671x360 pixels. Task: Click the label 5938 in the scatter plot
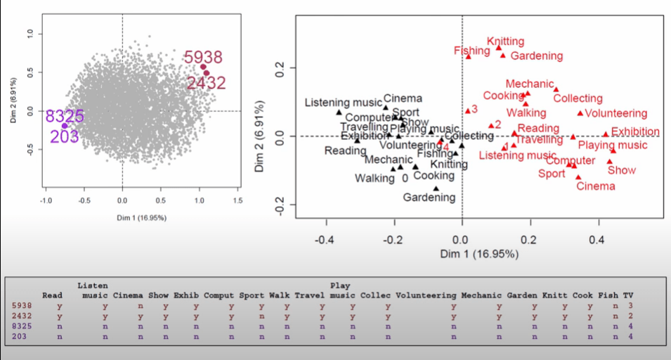tap(203, 58)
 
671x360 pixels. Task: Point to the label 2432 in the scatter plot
tap(207, 83)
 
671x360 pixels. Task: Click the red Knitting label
tap(505, 42)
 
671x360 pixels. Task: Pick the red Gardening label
tap(536, 56)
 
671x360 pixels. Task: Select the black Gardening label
tap(429, 198)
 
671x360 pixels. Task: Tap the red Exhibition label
tap(635, 132)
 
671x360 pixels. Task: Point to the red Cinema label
tap(595, 186)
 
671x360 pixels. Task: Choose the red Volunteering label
tap(615, 113)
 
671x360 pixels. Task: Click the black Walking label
tap(374, 179)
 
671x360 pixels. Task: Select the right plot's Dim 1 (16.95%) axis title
tap(474, 254)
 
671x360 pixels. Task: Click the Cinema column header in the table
tap(128, 295)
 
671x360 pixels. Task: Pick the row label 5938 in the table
tap(22, 306)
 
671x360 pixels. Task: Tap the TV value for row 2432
tap(630, 316)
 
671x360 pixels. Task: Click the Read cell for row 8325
tap(59, 327)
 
